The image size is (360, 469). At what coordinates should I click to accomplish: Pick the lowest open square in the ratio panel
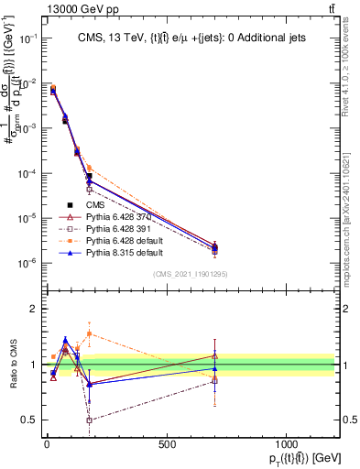[89, 420]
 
